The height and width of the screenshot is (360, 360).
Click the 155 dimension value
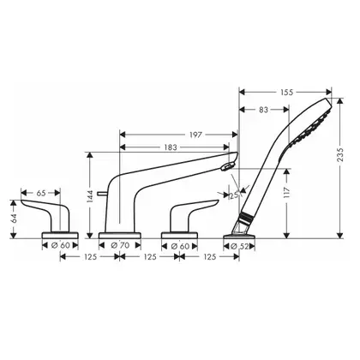(287, 93)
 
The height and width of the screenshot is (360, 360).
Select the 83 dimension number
(264, 110)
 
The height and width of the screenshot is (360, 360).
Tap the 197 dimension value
(195, 135)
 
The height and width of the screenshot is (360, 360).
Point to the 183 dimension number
(171, 147)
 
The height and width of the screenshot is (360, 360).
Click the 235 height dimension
(340, 154)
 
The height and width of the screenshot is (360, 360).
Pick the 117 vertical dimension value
(287, 193)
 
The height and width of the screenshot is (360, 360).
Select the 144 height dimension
(90, 196)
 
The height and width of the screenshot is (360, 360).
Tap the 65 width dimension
(41, 193)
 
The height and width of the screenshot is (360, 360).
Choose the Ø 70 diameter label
(120, 245)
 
